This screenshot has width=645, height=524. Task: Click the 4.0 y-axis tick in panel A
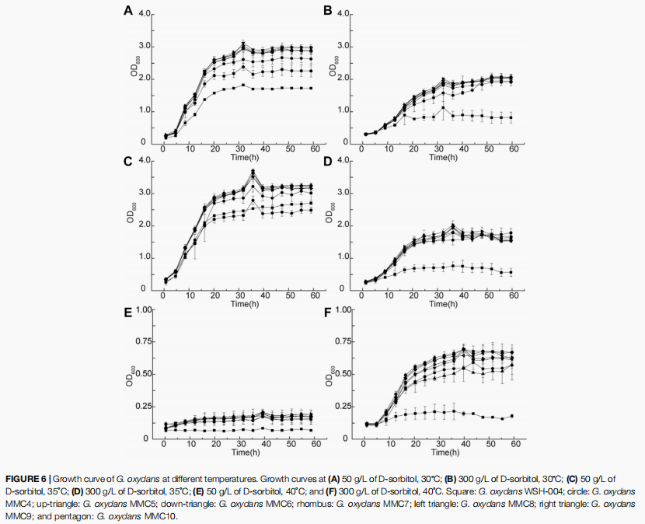point(145,14)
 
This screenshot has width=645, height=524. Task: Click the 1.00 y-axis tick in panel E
point(141,310)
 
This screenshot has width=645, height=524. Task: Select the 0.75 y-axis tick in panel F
point(341,342)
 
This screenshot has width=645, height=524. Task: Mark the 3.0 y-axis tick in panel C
point(145,193)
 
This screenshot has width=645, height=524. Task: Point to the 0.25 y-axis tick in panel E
point(141,407)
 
